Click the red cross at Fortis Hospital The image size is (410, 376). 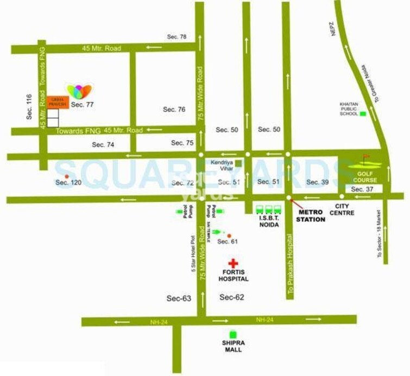[x=233, y=263]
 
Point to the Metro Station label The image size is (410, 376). [x=310, y=216]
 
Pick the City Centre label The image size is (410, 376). [x=344, y=209]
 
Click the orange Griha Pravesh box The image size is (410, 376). [x=57, y=102]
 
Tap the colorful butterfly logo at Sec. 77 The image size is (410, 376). [x=79, y=91]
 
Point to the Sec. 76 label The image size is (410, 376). [x=174, y=110]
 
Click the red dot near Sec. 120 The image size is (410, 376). [x=66, y=176]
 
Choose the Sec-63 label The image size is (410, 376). [x=179, y=298]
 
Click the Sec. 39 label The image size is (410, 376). [x=317, y=182]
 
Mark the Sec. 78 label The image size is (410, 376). [x=176, y=37]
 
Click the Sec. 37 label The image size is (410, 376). [x=362, y=189]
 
